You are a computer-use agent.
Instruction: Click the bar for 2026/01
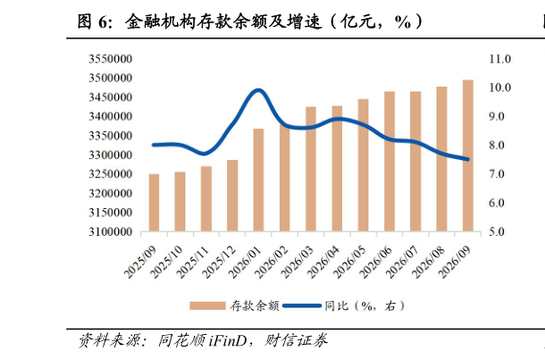point(258,180)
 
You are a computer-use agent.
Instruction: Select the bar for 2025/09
point(154,203)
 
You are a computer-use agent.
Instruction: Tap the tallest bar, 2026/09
point(468,155)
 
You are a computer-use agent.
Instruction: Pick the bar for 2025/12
point(232,196)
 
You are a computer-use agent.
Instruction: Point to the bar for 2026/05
point(364,165)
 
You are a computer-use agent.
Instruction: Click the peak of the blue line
point(258,91)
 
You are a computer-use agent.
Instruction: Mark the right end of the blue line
point(468,159)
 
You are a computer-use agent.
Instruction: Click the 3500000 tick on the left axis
point(111,78)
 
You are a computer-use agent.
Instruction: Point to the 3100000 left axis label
point(111,231)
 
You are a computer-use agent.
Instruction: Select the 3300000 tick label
point(111,155)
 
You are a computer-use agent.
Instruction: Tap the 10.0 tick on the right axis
point(499,88)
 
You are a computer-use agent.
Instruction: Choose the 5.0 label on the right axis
point(497,231)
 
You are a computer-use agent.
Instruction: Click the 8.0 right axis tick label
point(497,145)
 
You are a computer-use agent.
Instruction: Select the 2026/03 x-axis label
point(298,262)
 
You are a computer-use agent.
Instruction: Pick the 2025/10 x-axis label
point(167,262)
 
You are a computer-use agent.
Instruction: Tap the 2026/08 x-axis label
point(428,262)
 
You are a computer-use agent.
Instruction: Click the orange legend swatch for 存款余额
point(207,306)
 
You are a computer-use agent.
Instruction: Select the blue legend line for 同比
point(302,306)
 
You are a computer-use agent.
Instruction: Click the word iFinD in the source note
point(228,340)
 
